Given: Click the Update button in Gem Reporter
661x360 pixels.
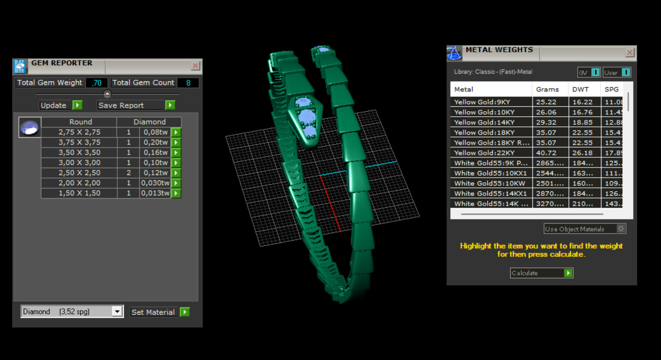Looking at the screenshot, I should [x=60, y=105].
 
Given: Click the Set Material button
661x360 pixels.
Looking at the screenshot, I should [x=160, y=312].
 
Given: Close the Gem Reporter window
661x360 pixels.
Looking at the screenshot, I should [x=195, y=66].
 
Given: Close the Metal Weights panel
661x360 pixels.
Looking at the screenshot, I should [x=629, y=52].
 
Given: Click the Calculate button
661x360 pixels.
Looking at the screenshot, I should [x=541, y=273].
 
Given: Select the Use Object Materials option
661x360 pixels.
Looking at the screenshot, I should [x=585, y=229].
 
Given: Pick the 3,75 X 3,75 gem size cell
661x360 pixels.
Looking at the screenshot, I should [x=79, y=142].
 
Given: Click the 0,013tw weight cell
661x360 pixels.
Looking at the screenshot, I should [x=155, y=193].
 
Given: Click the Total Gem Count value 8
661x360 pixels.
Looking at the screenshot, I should [x=188, y=83].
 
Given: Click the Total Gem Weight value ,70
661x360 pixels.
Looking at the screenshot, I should [x=96, y=83].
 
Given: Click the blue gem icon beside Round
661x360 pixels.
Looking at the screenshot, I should [x=29, y=127].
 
